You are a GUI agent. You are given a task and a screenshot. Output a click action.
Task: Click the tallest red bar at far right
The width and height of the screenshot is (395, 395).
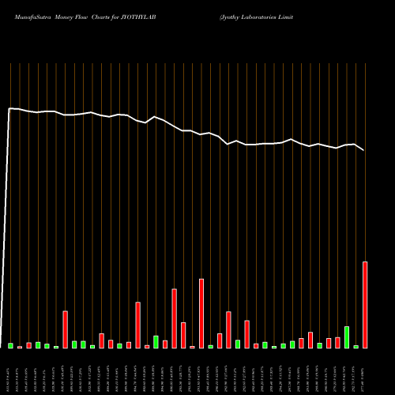[x=365, y=304]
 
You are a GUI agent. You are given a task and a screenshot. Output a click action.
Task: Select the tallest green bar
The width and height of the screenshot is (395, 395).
[x=347, y=337]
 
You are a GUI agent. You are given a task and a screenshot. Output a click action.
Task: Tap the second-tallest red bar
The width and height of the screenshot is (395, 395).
[x=201, y=313]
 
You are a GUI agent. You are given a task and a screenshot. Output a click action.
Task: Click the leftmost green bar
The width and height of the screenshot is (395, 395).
[x=10, y=345]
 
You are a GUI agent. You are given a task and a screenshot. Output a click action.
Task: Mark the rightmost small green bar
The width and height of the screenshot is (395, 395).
[x=356, y=347]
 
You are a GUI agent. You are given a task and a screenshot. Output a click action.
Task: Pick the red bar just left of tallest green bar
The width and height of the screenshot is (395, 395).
[x=337, y=343]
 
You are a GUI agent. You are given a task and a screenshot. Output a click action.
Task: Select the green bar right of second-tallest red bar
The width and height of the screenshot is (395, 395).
[x=210, y=347]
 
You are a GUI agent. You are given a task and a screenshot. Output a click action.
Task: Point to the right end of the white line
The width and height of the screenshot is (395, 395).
[x=364, y=150]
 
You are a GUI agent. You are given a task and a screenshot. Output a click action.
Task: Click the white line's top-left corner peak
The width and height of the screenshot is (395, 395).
[x=9, y=108]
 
